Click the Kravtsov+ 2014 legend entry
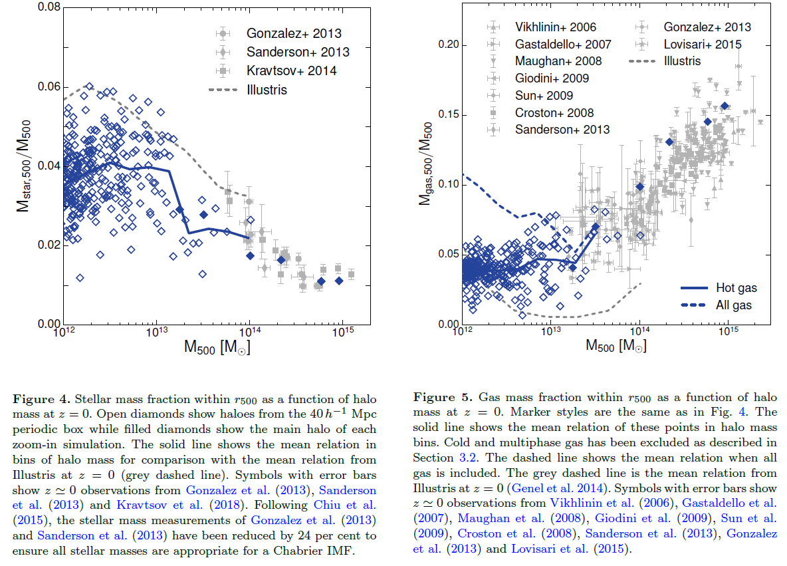[x=291, y=71]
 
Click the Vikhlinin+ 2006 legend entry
[x=556, y=27]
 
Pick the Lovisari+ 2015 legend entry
[x=703, y=45]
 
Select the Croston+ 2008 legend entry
[x=554, y=113]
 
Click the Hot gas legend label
[x=736, y=288]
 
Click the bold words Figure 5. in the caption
[x=441, y=397]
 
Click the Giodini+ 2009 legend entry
[x=552, y=78]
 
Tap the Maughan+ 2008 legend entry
[x=558, y=61]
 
